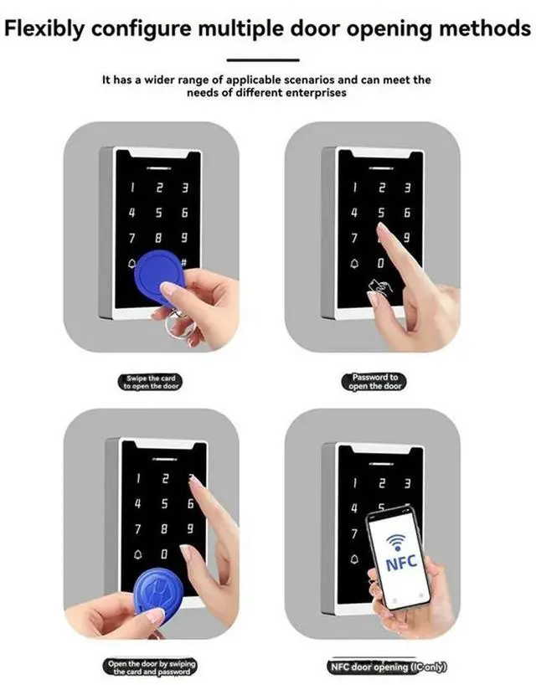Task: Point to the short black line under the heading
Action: (x=263, y=60)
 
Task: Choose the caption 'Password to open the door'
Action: (x=372, y=382)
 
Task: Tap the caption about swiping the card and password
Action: (x=151, y=667)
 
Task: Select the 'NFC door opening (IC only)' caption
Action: (x=387, y=667)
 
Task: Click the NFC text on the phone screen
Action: (x=400, y=565)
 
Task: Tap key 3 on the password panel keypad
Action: (x=407, y=188)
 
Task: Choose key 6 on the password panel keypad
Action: (x=407, y=214)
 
